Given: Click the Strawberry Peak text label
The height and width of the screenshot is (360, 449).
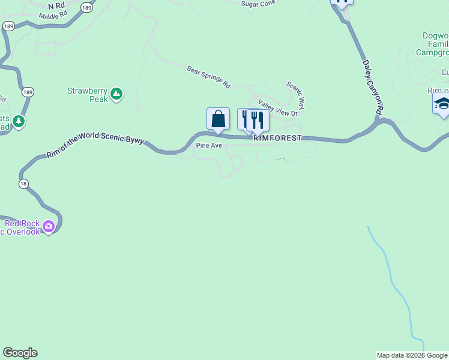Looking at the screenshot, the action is pos(87,95).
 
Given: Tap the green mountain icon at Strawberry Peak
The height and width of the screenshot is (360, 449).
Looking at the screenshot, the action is pos(116,94).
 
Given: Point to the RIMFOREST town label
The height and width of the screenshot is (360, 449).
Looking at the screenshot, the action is pos(277,138).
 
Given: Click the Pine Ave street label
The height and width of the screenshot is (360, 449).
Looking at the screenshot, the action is pos(209,146).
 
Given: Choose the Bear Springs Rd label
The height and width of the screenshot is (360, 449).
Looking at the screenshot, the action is pos(208,77).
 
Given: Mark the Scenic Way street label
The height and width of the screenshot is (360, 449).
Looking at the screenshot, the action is pos(295,95).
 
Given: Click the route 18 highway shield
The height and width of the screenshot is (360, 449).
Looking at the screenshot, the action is pos(23,184).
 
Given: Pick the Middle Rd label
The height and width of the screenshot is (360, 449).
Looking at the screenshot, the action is pos(49,17).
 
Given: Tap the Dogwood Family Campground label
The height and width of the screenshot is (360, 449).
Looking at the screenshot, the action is pos(434,44).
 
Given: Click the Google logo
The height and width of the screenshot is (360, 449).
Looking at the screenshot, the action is pos(20,353).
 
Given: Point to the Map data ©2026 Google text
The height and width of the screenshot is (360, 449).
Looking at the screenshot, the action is pos(412,355).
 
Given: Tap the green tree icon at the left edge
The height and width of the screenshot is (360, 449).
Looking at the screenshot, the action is pos(19,122).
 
